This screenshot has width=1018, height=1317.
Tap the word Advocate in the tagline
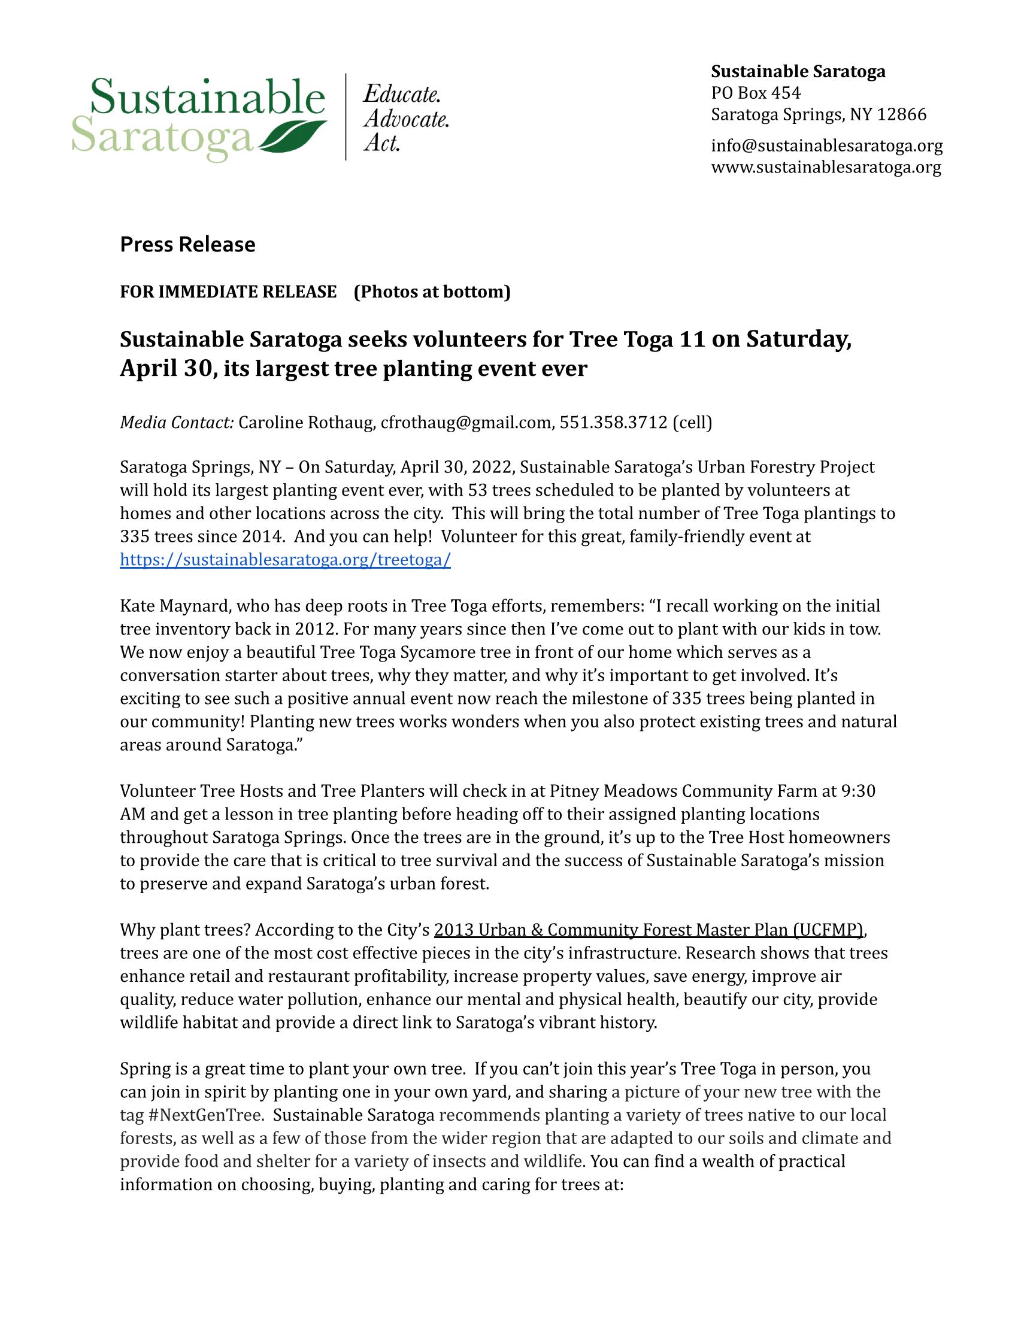(406, 119)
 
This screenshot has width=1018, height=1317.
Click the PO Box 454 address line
(756, 93)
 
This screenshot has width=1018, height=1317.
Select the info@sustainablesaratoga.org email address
(826, 146)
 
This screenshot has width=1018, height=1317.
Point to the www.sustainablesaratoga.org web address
(826, 167)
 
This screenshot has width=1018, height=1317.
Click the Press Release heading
(187, 244)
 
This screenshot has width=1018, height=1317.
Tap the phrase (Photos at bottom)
(432, 292)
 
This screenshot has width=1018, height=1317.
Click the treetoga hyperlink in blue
(285, 560)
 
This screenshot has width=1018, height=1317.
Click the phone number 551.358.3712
(613, 423)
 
